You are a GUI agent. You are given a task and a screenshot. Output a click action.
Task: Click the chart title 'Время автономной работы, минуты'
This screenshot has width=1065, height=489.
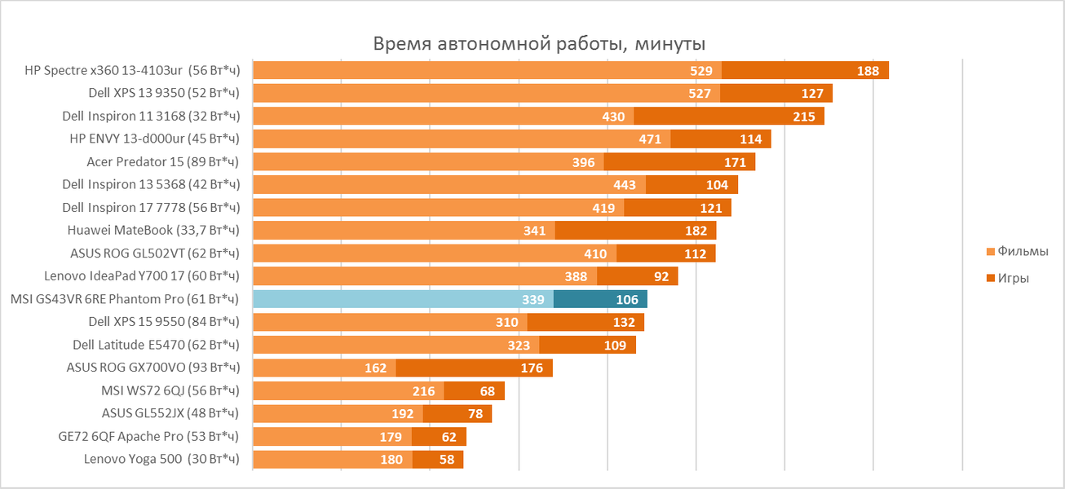[539, 44]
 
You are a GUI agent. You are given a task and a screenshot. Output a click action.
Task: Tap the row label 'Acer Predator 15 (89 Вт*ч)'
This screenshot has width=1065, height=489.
[163, 162]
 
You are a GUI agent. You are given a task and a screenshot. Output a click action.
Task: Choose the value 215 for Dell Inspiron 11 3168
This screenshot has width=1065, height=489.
[803, 117]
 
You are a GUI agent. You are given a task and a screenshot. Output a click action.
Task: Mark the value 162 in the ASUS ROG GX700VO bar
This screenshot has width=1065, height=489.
[375, 368]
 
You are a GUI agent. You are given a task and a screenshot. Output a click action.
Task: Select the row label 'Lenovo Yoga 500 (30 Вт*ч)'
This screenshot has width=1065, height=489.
[161, 459]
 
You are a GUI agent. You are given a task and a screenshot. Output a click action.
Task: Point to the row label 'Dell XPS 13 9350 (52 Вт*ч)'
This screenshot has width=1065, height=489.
[164, 94]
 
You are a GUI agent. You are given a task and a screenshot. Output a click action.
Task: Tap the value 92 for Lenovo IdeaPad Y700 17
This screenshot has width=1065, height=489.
[661, 276]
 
